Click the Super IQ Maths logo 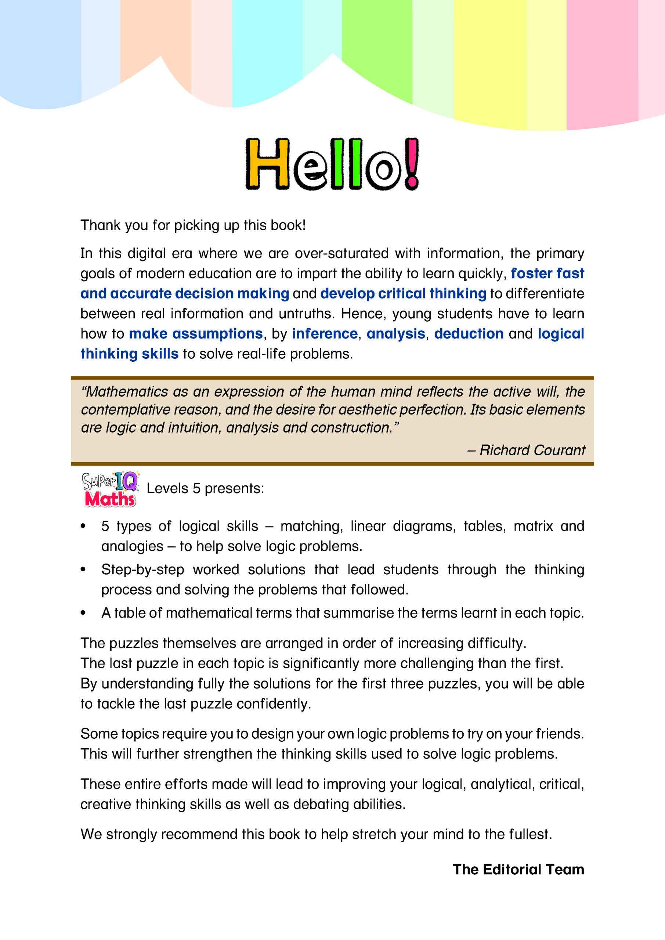click(110, 489)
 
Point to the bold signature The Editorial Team click(518, 869)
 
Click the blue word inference click(325, 334)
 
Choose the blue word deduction click(469, 334)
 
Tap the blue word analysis click(395, 334)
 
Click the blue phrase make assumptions click(196, 334)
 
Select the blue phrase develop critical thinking click(403, 293)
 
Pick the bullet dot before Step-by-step click(83, 570)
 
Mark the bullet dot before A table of click(83, 613)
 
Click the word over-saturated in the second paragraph click(341, 253)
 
